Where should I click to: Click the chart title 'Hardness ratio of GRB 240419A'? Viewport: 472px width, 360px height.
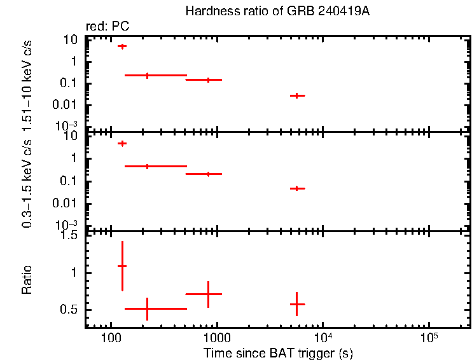[277, 11]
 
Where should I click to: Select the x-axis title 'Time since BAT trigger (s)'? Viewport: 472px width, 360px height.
[278, 352]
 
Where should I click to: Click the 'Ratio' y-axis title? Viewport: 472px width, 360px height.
[27, 279]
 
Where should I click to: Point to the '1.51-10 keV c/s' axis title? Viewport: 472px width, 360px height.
[27, 82]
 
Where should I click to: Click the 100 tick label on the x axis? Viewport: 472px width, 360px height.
[111, 337]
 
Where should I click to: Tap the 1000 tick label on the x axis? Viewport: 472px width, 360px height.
[217, 337]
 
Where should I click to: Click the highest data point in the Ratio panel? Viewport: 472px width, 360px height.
[121, 266]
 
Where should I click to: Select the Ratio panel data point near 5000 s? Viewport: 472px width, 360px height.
[296, 304]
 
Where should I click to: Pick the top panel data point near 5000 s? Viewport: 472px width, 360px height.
[296, 95]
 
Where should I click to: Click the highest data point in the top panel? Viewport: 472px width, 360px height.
[121, 46]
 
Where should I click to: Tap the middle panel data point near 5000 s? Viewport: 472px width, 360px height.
[296, 188]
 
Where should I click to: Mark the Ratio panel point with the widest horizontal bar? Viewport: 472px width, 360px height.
[147, 308]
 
